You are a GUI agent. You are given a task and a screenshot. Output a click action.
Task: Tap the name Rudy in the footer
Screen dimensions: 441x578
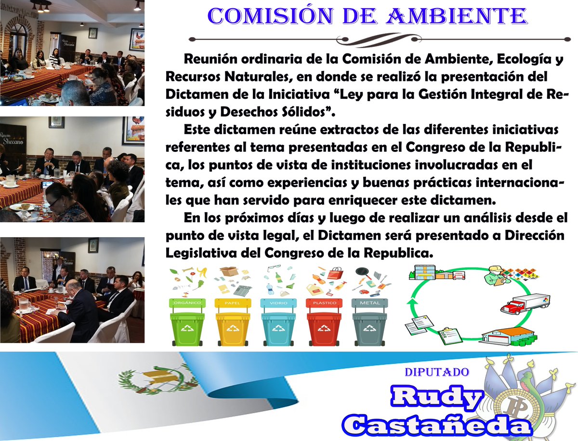point(436,398)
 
